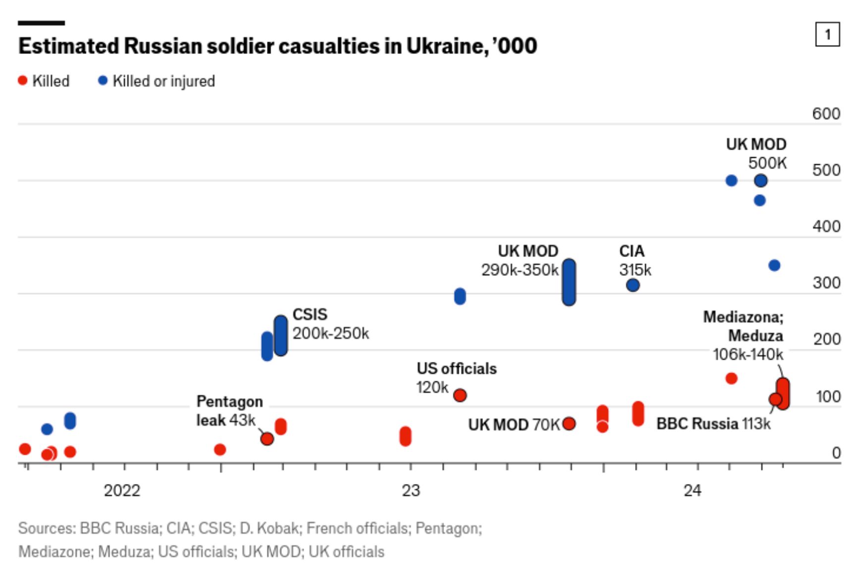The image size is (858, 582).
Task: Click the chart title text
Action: [277, 46]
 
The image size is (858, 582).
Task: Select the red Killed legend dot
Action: [22, 80]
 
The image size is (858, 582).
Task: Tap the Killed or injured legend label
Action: [163, 81]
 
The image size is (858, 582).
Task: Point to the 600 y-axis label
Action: [826, 114]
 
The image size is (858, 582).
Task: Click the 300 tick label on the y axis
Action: [826, 283]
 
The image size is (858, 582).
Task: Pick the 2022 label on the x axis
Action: [122, 490]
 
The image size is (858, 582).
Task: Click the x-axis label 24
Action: [692, 490]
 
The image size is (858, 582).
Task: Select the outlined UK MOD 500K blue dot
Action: [761, 181]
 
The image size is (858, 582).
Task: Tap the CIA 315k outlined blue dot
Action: [633, 285]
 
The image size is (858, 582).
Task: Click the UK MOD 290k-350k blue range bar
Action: [569, 282]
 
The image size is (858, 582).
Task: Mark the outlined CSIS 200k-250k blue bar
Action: [281, 336]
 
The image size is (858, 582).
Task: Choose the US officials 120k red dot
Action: [460, 395]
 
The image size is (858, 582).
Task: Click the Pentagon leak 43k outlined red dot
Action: [267, 439]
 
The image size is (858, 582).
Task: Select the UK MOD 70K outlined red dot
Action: [569, 423]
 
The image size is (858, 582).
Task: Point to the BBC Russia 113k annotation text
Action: [713, 424]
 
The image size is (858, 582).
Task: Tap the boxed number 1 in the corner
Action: [827, 34]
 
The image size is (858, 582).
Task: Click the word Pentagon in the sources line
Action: [447, 529]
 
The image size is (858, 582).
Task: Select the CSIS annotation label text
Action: [310, 315]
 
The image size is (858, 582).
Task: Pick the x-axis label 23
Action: [411, 490]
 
